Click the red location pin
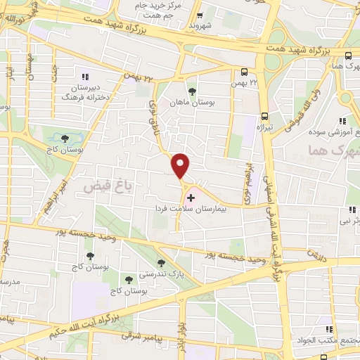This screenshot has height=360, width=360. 181,165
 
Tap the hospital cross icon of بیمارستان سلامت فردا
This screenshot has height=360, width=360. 191,198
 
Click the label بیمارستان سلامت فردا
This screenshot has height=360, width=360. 200,209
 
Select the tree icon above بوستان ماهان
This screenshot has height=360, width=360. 192,91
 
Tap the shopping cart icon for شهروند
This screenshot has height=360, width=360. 200,15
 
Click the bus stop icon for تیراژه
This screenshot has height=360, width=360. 264,116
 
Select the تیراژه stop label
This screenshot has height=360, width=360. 264,127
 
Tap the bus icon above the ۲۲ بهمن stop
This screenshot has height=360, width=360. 244,72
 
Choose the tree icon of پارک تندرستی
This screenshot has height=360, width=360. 161,262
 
